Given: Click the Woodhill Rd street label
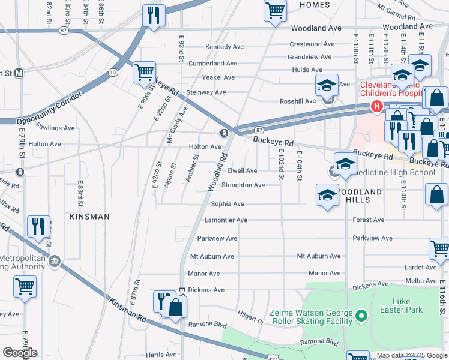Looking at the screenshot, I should (x=218, y=172).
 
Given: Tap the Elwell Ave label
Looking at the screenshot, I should (x=243, y=171).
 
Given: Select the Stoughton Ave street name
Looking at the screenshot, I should (x=243, y=185).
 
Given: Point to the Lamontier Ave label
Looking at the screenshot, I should (x=226, y=220).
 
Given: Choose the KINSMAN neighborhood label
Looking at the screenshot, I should (x=89, y=216).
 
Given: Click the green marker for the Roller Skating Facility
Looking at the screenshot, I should (x=361, y=314).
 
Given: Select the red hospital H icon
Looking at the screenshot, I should (x=376, y=107).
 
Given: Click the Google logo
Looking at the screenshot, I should (x=20, y=353).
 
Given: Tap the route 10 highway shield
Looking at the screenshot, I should (x=113, y=73).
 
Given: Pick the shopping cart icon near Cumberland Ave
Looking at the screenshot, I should (x=144, y=73).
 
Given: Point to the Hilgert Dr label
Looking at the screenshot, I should (x=250, y=322).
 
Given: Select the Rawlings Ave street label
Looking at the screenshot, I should (x=55, y=128).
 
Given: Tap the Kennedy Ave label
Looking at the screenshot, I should (x=224, y=47).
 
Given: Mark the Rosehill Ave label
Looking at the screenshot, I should (x=301, y=101).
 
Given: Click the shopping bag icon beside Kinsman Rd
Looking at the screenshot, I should (x=176, y=308).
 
